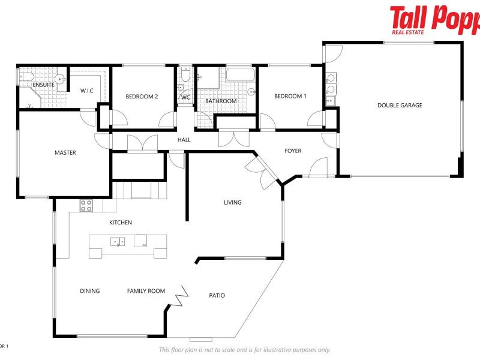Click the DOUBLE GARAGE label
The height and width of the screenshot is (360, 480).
click(399, 106)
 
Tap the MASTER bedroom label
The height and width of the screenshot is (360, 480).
click(65, 153)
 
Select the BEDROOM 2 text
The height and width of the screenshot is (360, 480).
click(142, 97)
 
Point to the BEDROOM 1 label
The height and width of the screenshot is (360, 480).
click(290, 97)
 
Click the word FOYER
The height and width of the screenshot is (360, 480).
click(293, 151)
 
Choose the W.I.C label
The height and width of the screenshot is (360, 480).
click(87, 91)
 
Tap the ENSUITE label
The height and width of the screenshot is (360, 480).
click(43, 85)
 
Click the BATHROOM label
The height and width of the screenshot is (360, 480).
click(221, 101)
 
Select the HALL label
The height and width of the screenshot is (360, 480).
click(184, 140)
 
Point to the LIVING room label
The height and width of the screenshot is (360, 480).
click(233, 203)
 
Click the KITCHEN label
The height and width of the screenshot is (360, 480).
click(120, 223)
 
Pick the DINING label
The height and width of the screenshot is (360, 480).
click(90, 292)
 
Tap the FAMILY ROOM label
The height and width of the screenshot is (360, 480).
click(146, 292)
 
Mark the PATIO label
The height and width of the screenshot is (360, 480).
click(217, 296)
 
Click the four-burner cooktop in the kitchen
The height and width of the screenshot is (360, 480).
click(86, 205)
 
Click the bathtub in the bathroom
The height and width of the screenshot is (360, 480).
click(239, 76)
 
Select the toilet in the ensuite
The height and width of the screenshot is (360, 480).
click(25, 77)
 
